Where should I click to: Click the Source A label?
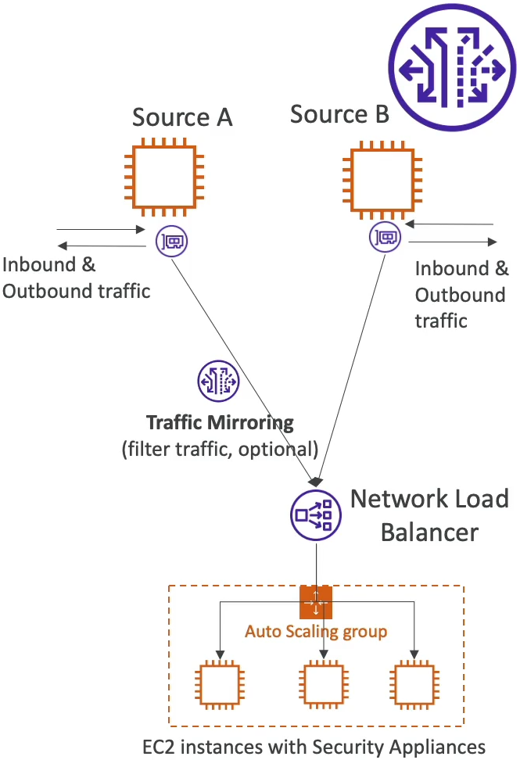182,118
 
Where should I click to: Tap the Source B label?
339,115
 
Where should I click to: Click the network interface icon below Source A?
171,240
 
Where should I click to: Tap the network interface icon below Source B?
385,236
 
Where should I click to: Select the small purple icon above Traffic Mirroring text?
218,381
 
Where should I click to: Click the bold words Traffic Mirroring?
220,424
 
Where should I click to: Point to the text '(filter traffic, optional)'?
220,449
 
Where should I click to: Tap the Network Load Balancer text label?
429,515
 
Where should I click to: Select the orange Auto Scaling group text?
316,631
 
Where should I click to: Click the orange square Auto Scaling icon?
316,601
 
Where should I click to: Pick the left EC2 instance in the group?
220,684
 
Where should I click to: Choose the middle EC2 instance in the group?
325,684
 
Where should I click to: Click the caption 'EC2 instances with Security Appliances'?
314,746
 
